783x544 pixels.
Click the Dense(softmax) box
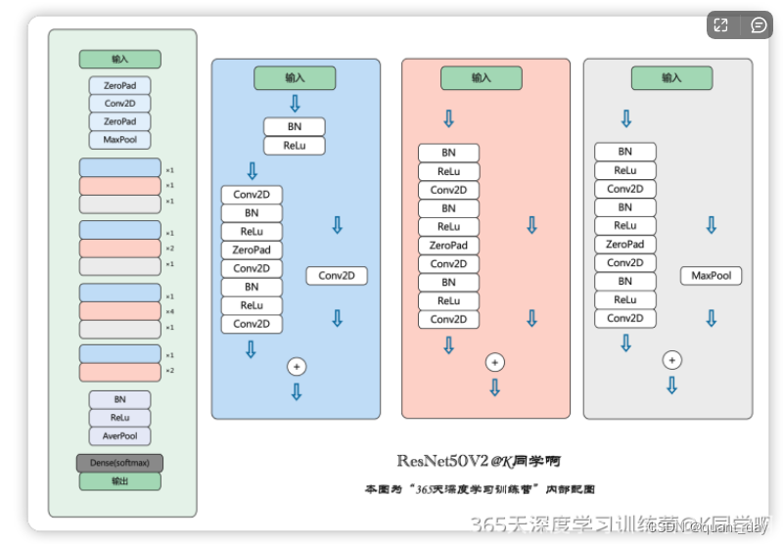[119, 463]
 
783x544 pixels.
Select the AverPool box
[119, 436]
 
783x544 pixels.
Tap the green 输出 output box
[119, 481]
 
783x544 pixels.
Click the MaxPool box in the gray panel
[711, 276]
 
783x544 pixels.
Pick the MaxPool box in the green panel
[119, 140]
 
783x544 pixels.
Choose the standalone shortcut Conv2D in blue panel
[337, 276]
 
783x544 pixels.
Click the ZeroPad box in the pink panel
[448, 246]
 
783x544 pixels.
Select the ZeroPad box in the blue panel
[252, 250]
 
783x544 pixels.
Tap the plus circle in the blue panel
[297, 366]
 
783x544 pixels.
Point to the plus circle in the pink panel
[495, 362]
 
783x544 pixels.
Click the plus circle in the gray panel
[671, 360]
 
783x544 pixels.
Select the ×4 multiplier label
[169, 311]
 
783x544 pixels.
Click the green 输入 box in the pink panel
[481, 78]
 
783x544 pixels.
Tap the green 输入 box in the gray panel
[670, 78]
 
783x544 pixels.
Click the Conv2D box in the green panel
[119, 104]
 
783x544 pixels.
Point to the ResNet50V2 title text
[479, 460]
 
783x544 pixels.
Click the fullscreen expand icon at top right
[720, 25]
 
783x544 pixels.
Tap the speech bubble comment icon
[759, 25]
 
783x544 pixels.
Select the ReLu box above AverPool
[119, 418]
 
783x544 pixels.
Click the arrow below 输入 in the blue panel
[295, 104]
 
